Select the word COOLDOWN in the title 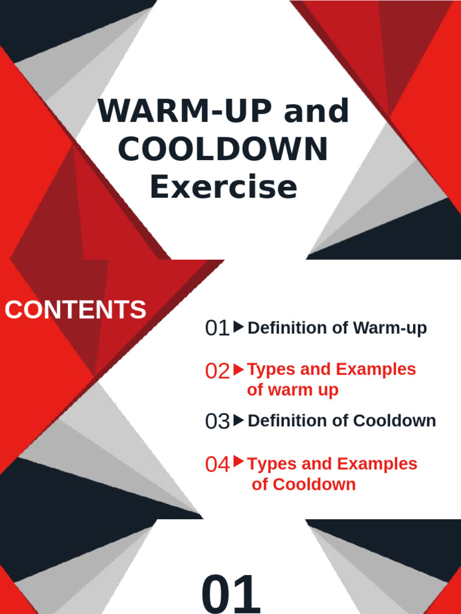coord(223,149)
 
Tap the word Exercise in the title coord(223,186)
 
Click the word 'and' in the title coord(316,112)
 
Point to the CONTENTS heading coord(76,310)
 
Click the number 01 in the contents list coord(217,328)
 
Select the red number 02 coord(217,371)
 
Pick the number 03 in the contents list coord(217,422)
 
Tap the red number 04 coord(217,464)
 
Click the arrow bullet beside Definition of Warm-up coord(238,327)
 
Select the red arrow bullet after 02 coord(238,369)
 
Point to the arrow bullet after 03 coord(238,420)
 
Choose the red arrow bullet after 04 coord(238,462)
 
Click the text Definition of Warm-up coord(337,328)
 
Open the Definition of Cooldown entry coord(342,421)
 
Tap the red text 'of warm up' coord(292,390)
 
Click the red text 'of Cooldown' coord(304,484)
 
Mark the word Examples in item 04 coord(376,464)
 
